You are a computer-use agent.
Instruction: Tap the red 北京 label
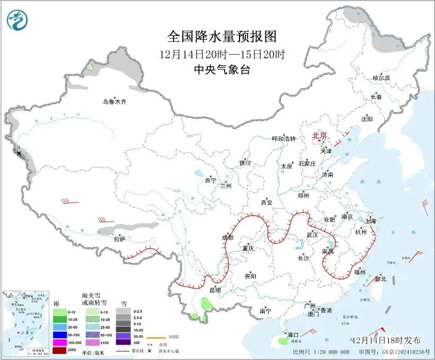(319, 135)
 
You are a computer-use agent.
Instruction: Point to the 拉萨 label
(120, 239)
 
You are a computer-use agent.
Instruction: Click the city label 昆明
(215, 289)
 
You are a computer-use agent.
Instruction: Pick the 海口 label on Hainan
(293, 335)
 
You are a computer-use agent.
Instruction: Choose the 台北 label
(380, 278)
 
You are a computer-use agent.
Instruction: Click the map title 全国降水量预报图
(222, 37)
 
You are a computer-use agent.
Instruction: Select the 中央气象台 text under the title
(222, 69)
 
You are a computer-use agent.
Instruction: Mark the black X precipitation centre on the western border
(19, 153)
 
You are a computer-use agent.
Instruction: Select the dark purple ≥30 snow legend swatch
(124, 343)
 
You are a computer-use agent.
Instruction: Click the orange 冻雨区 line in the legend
(155, 337)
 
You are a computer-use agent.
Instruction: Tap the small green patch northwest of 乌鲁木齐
(91, 67)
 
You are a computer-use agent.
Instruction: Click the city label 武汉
(312, 234)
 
